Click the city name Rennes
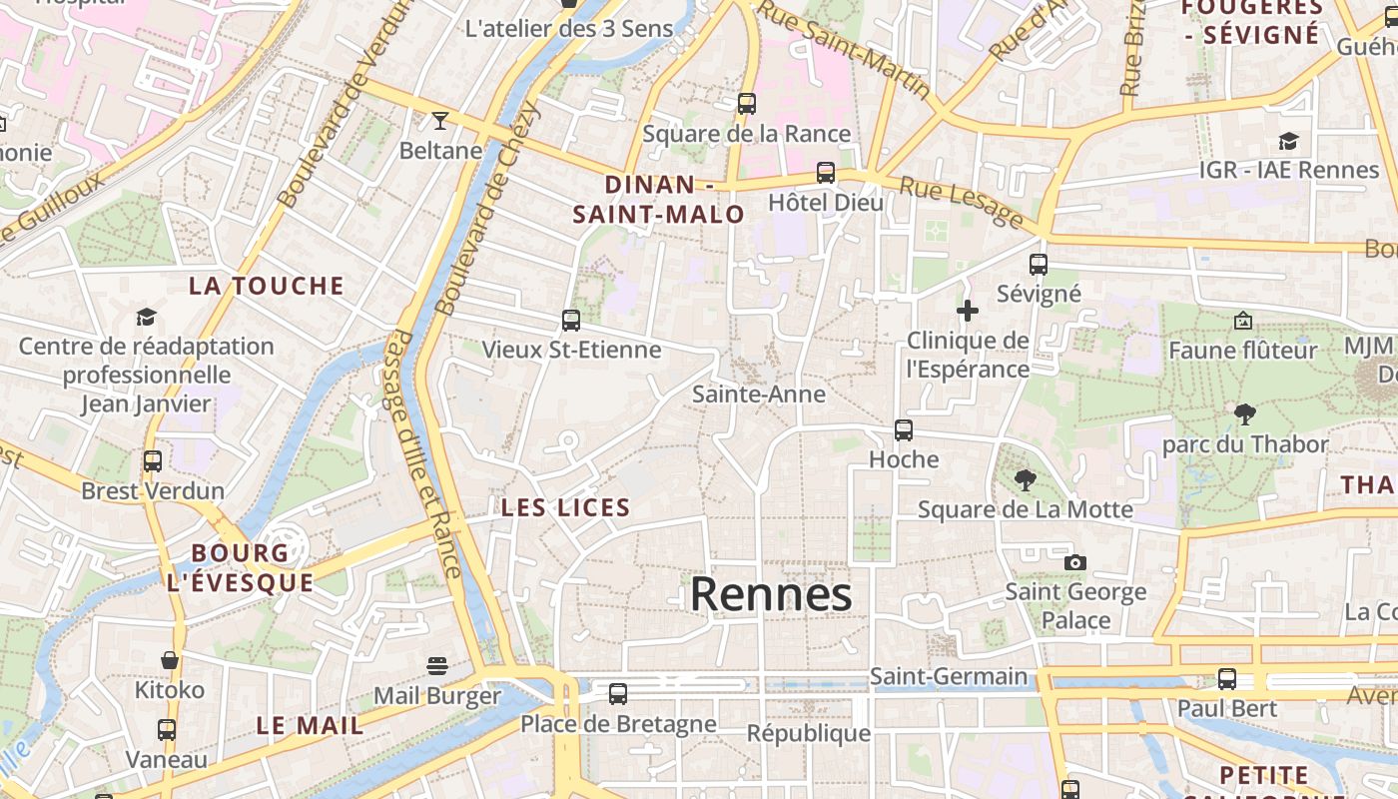[771, 594]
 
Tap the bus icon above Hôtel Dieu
[826, 172]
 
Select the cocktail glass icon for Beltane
[439, 121]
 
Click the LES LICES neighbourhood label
[565, 507]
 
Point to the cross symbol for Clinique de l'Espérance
[967, 311]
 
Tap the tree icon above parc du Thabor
[1244, 413]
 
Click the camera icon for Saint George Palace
[1074, 562]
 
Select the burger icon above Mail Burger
[436, 665]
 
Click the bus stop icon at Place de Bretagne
[618, 693]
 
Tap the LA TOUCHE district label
[267, 286]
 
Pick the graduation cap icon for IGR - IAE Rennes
[1288, 141]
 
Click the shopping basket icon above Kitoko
[170, 660]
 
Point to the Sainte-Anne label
[759, 395]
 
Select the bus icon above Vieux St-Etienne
[571, 320]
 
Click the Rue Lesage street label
[961, 202]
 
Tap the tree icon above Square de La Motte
[1025, 479]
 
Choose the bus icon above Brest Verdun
[153, 461]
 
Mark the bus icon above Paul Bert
[1227, 679]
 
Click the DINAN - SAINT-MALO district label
[659, 199]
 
